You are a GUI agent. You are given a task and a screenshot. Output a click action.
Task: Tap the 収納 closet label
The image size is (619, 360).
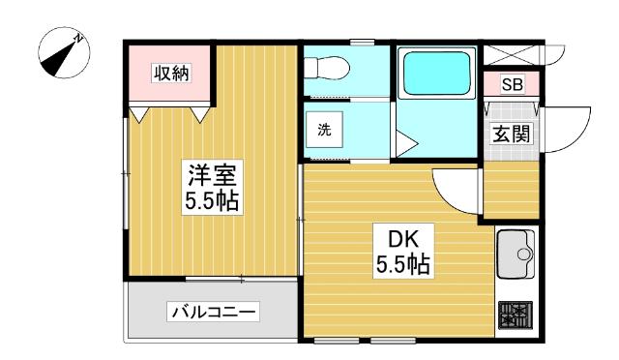pos(170,74)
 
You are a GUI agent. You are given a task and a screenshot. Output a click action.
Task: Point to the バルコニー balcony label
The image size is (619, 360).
pos(213,312)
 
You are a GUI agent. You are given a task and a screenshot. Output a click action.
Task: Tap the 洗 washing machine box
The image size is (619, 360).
pos(324,132)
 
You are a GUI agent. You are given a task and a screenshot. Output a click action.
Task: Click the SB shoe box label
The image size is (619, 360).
pos(512,85)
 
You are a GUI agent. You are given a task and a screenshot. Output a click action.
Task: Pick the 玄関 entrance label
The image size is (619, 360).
pos(512,135)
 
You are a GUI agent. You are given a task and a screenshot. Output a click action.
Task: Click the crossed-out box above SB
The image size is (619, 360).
pos(512,54)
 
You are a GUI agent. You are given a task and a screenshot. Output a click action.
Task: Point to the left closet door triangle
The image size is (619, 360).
pos(141,115)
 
